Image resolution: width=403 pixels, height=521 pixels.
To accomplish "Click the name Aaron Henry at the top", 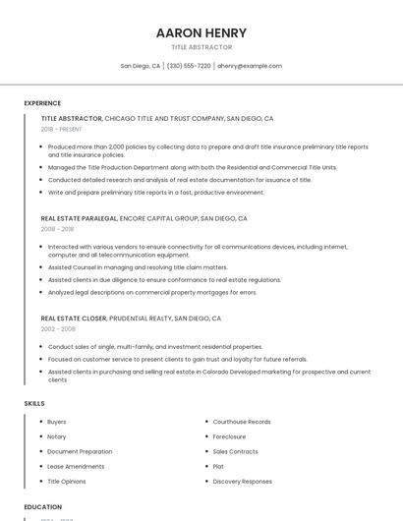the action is tap(201, 32).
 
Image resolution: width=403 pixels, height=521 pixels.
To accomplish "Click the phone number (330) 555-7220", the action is tap(189, 66).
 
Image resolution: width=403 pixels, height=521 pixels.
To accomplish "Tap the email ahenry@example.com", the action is tap(250, 66).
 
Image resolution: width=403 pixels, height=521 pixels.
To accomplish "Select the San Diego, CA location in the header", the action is tap(141, 66).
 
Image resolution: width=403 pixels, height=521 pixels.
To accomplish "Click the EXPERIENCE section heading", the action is tap(42, 103).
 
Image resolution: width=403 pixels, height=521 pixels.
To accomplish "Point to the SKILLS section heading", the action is tap(34, 403).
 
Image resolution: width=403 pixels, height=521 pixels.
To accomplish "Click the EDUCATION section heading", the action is tap(43, 507).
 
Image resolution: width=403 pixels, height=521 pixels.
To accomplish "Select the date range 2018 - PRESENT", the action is tap(62, 129).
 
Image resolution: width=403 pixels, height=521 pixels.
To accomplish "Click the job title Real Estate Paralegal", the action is tap(79, 218).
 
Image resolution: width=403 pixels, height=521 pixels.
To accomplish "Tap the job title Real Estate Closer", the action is tap(74, 318).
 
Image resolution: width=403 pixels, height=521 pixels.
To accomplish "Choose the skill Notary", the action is tap(57, 436).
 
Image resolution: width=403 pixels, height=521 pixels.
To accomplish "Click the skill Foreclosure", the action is tap(229, 436).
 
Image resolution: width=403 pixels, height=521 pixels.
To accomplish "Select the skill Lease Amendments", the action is tap(76, 466).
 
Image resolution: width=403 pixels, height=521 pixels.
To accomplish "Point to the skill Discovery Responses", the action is tap(242, 482).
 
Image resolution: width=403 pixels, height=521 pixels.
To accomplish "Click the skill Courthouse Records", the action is tap(242, 422).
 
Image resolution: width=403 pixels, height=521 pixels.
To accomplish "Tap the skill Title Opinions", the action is tap(67, 482).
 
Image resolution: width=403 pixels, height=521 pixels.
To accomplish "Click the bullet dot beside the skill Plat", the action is tap(204, 467).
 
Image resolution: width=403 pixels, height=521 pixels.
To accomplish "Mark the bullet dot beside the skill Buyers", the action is tap(38, 422).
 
